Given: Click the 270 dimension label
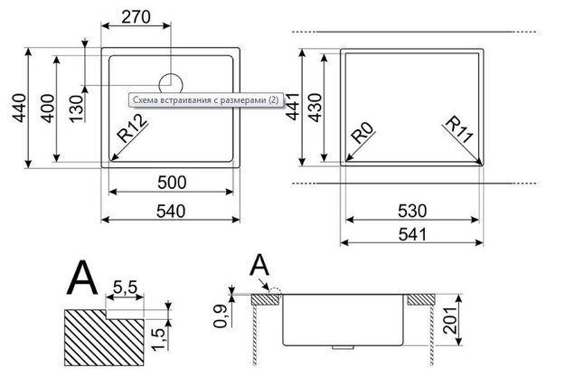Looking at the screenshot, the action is click(136, 16).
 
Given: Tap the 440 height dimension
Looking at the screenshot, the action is click(19, 108).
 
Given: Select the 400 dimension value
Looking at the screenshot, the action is click(48, 108).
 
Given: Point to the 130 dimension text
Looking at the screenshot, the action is click(77, 108).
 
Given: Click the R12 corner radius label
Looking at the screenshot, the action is click(132, 128).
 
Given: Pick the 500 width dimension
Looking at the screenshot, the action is click(172, 183).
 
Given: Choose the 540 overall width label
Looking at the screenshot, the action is click(171, 211).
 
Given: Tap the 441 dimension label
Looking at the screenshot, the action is click(293, 107).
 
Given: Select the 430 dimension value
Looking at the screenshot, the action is click(315, 108).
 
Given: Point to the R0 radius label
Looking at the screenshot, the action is click(362, 133).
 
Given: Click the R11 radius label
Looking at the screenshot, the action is click(459, 129).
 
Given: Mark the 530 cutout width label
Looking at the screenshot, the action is click(412, 211).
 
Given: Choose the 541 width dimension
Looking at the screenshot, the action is click(412, 235).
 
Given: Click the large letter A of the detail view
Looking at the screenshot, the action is click(82, 278).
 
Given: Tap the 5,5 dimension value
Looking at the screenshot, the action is click(125, 287).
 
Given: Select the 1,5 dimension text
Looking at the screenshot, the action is click(159, 338).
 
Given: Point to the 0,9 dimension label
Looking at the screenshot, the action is click(221, 316).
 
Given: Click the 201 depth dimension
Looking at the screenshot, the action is click(449, 320).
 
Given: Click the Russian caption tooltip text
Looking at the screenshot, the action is click(206, 99).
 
